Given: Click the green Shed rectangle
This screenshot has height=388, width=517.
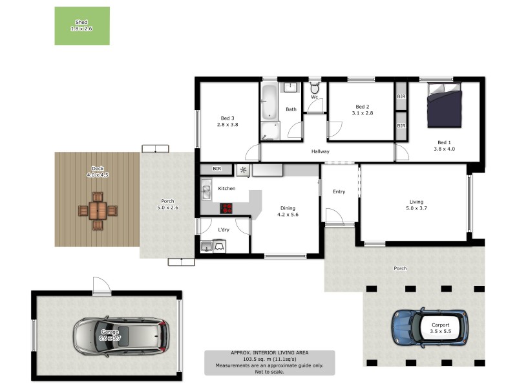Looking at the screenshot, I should pyautogui.click(x=81, y=26).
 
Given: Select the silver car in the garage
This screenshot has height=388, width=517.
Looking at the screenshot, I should pyautogui.click(x=121, y=334).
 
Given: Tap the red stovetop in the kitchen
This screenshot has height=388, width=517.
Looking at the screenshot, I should pyautogui.click(x=226, y=208).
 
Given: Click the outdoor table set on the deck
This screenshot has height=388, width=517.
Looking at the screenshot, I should pyautogui.click(x=98, y=210).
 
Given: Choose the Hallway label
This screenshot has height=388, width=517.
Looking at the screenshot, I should pyautogui.click(x=321, y=152).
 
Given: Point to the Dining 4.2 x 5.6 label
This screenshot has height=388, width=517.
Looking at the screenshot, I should pyautogui.click(x=288, y=211).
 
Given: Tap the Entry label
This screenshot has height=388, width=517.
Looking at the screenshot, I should pyautogui.click(x=339, y=191).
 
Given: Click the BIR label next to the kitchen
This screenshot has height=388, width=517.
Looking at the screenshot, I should pyautogui.click(x=217, y=169).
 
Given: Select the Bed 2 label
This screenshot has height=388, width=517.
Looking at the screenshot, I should pyautogui.click(x=362, y=107).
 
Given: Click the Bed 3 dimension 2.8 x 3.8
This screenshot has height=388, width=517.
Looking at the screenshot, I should pyautogui.click(x=227, y=125).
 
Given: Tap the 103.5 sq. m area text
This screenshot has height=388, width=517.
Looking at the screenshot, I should pyautogui.click(x=269, y=359).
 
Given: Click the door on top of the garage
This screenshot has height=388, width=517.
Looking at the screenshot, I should pyautogui.click(x=101, y=286).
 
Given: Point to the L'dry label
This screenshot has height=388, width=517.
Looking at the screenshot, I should pyautogui.click(x=224, y=230).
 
